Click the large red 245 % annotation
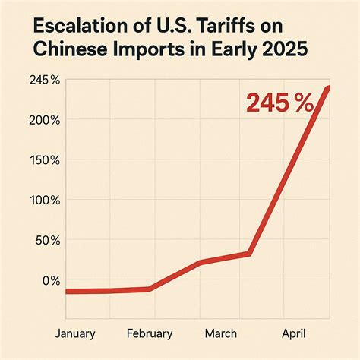(279, 104)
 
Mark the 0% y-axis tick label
(50, 280)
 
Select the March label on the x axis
(220, 333)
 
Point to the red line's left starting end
(68, 292)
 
